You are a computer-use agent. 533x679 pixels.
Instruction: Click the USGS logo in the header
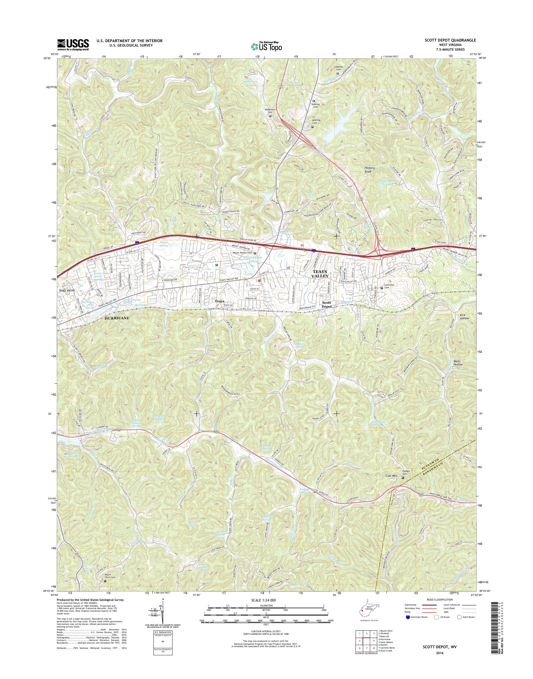[73, 45]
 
